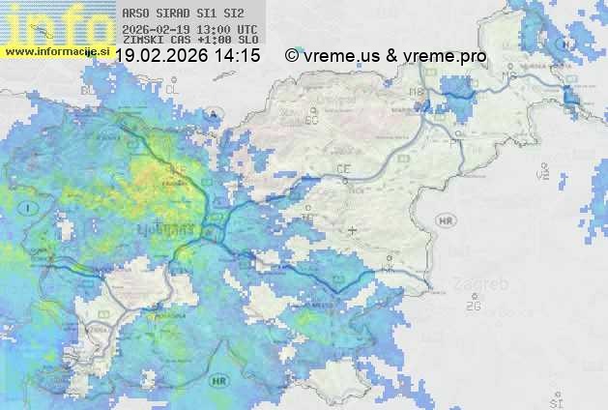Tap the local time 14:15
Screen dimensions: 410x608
click(x=237, y=56)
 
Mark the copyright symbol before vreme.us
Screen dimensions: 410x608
click(x=292, y=56)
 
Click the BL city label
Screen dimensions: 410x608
click(x=89, y=90)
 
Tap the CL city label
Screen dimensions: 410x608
click(x=172, y=90)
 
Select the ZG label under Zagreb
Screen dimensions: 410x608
click(x=473, y=306)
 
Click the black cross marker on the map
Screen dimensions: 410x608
click(x=352, y=230)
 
